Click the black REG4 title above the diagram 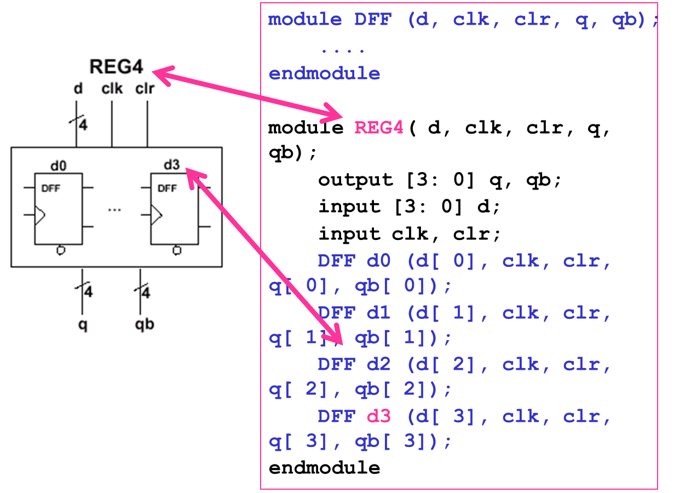click(x=116, y=67)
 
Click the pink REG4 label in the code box click(x=378, y=128)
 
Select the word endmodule click(x=324, y=73)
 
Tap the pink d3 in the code click(x=378, y=416)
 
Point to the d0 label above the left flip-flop click(x=59, y=165)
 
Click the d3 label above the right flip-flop click(x=171, y=164)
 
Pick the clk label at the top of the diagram click(x=112, y=89)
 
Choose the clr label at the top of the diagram click(x=145, y=89)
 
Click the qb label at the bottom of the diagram click(x=145, y=324)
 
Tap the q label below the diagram click(x=83, y=325)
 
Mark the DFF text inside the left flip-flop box click(x=50, y=188)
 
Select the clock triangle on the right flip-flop click(x=156, y=215)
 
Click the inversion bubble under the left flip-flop click(x=61, y=250)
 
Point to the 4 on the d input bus click(x=83, y=126)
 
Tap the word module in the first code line click(x=305, y=20)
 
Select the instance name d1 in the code click(x=378, y=313)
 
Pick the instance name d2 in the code click(x=378, y=364)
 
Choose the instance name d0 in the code click(x=378, y=261)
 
